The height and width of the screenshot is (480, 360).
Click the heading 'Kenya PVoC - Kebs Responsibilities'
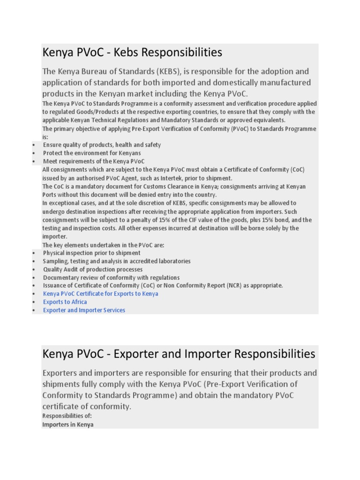pyautogui.click(x=132, y=52)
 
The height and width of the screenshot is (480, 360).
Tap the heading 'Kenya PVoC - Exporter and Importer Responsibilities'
pyautogui.click(x=179, y=353)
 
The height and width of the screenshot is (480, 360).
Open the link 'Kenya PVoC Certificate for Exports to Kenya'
pyautogui.click(x=100, y=294)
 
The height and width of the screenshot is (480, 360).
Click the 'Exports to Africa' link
pyautogui.click(x=65, y=302)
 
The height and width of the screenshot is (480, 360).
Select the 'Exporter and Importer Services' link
pyautogui.click(x=84, y=310)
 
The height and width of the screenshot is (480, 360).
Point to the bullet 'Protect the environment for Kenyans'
pyautogui.click(x=91, y=153)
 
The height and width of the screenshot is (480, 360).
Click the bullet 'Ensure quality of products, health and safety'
pyautogui.click(x=102, y=145)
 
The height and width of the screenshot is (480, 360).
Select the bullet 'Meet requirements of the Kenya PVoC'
pyautogui.click(x=94, y=161)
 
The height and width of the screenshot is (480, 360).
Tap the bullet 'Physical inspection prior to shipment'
pyautogui.click(x=91, y=253)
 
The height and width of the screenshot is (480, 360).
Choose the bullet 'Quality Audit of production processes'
pyautogui.click(x=93, y=270)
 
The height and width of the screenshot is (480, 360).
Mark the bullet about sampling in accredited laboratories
pyautogui.click(x=117, y=261)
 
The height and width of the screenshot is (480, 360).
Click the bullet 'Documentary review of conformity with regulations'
pyautogui.click(x=111, y=277)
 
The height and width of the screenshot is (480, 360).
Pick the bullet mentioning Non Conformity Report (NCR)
pyautogui.click(x=163, y=285)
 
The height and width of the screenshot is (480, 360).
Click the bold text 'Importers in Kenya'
pyautogui.click(x=68, y=425)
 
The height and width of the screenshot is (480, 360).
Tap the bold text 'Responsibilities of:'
pyautogui.click(x=67, y=416)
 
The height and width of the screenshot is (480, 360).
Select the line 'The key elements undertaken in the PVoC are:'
pyautogui.click(x=103, y=245)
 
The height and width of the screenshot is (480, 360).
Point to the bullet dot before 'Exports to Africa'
pyautogui.click(x=34, y=302)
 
